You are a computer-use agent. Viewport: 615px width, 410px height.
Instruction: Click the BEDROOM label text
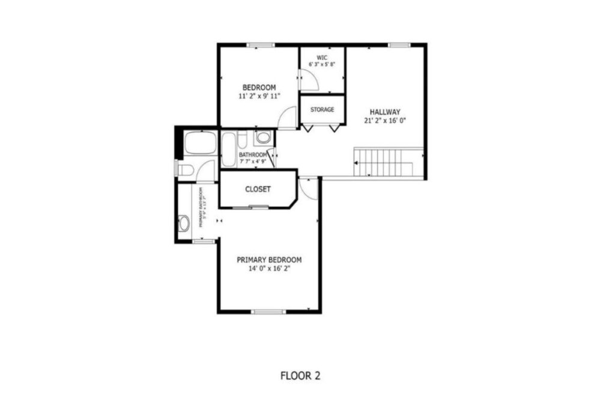pos(259,87)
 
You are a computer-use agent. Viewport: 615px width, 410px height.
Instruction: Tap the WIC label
pos(322,58)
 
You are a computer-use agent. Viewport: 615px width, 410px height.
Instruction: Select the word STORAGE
pos(322,110)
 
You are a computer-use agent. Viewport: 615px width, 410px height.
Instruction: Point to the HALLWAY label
pos(385,112)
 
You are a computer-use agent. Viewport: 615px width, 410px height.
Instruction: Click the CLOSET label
pos(258,189)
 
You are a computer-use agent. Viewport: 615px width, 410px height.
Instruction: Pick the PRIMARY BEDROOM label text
pos(269,260)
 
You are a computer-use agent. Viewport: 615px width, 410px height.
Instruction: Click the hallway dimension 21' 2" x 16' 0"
pos(385,120)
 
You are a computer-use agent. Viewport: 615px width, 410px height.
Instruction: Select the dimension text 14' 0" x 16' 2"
pos(269,269)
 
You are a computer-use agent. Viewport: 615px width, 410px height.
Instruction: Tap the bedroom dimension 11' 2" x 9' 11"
pos(259,95)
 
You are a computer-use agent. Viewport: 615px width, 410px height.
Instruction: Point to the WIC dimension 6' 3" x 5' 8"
pos(322,64)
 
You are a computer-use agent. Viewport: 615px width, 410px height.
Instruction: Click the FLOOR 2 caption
pos(300,376)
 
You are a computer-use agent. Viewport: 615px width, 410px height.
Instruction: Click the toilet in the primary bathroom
pos(185,170)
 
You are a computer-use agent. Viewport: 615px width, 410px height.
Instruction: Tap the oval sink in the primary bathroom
pos(184,223)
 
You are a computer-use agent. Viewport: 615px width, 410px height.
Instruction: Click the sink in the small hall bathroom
pos(262,137)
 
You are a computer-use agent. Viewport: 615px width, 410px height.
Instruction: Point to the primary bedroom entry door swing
pos(309,187)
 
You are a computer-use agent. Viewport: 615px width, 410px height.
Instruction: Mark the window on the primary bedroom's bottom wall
pos(268,312)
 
